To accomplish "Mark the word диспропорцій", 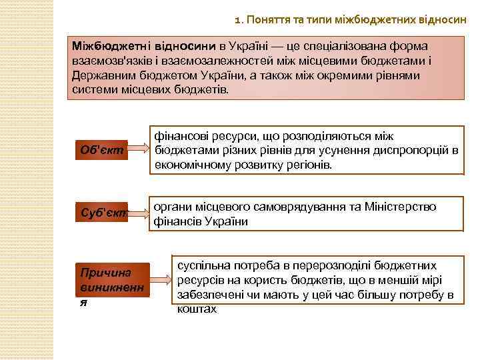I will click(x=407, y=150).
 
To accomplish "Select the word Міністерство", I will click(x=401, y=207).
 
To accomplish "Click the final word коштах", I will click(x=197, y=309).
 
